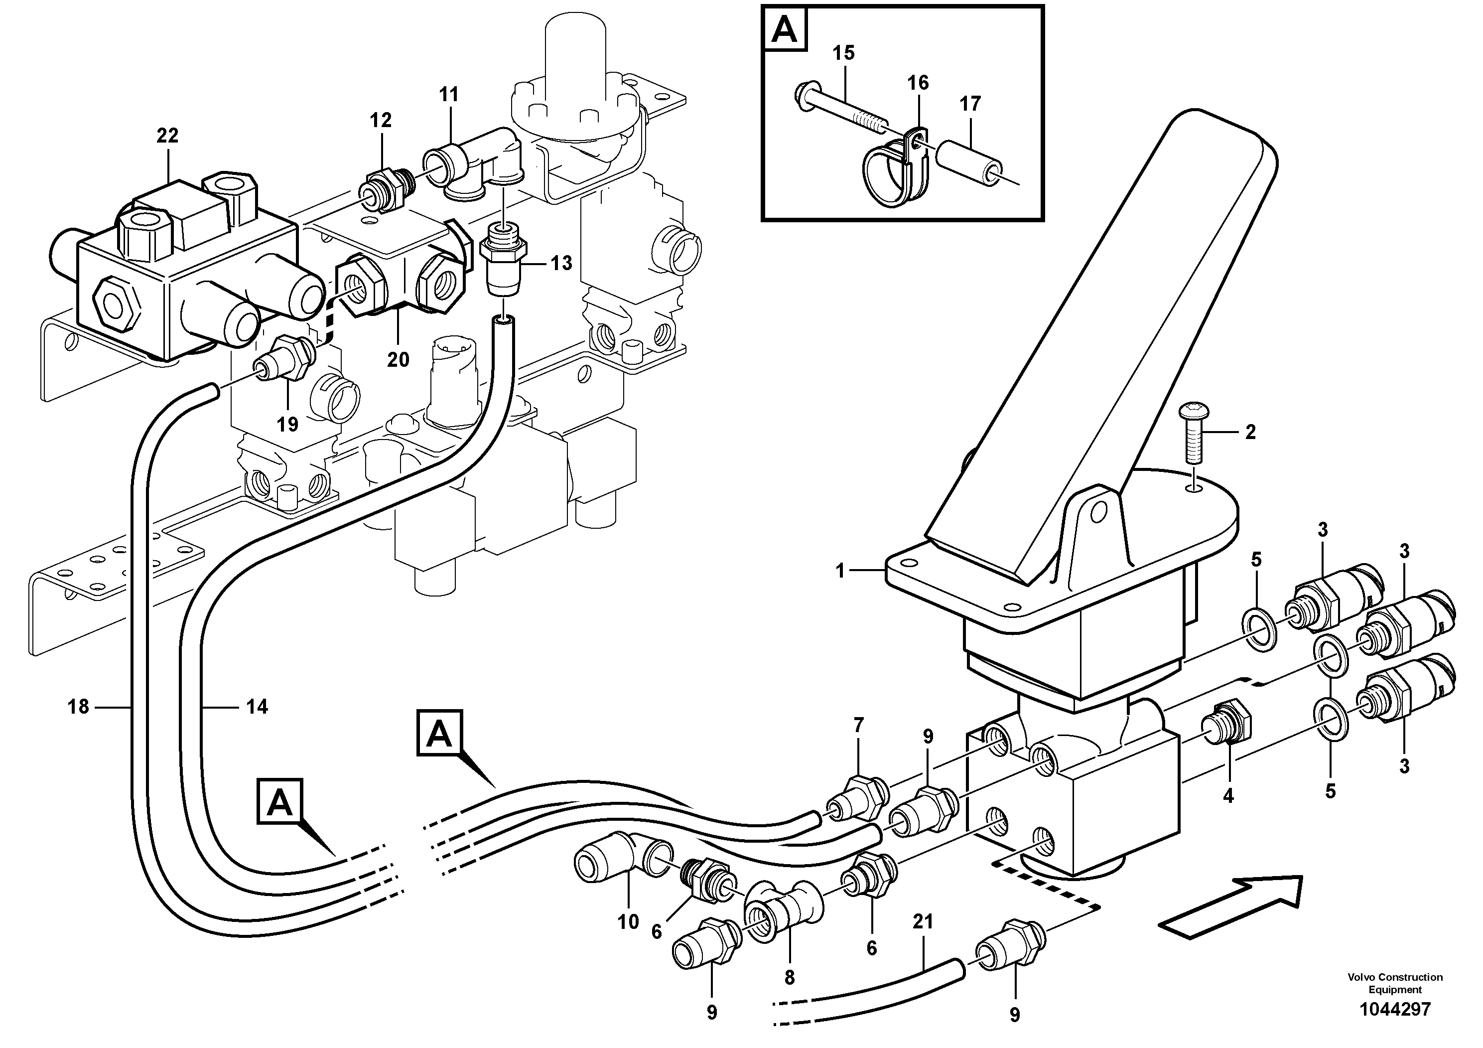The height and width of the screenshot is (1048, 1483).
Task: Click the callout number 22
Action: point(167,136)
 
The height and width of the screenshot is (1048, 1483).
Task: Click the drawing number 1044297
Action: point(1395,1009)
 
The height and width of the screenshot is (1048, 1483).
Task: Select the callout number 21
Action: point(923,921)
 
